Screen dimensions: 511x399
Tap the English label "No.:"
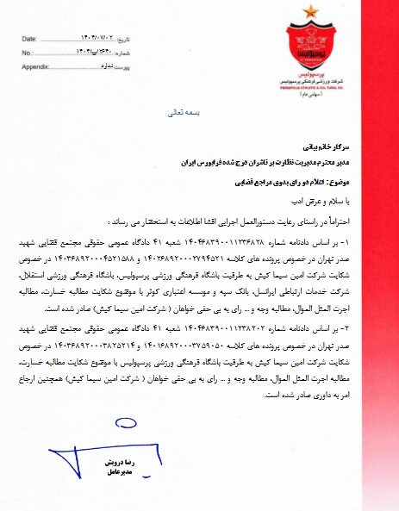(26, 53)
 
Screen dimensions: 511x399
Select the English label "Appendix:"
(35, 65)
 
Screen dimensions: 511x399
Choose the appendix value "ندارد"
(104, 65)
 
